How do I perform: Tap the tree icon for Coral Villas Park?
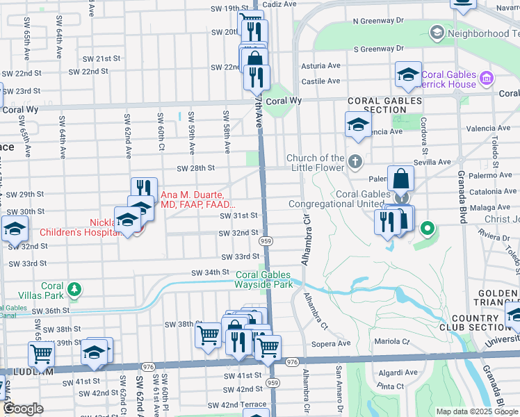tap(73, 288)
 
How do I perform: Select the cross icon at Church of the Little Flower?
tap(355, 163)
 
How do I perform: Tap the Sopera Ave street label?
tap(332, 343)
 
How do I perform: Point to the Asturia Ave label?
tap(320, 66)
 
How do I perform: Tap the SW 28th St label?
tap(195, 168)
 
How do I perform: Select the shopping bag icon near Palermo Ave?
tap(401, 179)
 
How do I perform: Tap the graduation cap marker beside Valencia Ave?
tap(358, 125)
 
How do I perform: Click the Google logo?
tap(24, 409)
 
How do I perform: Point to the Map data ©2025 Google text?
tap(477, 411)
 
